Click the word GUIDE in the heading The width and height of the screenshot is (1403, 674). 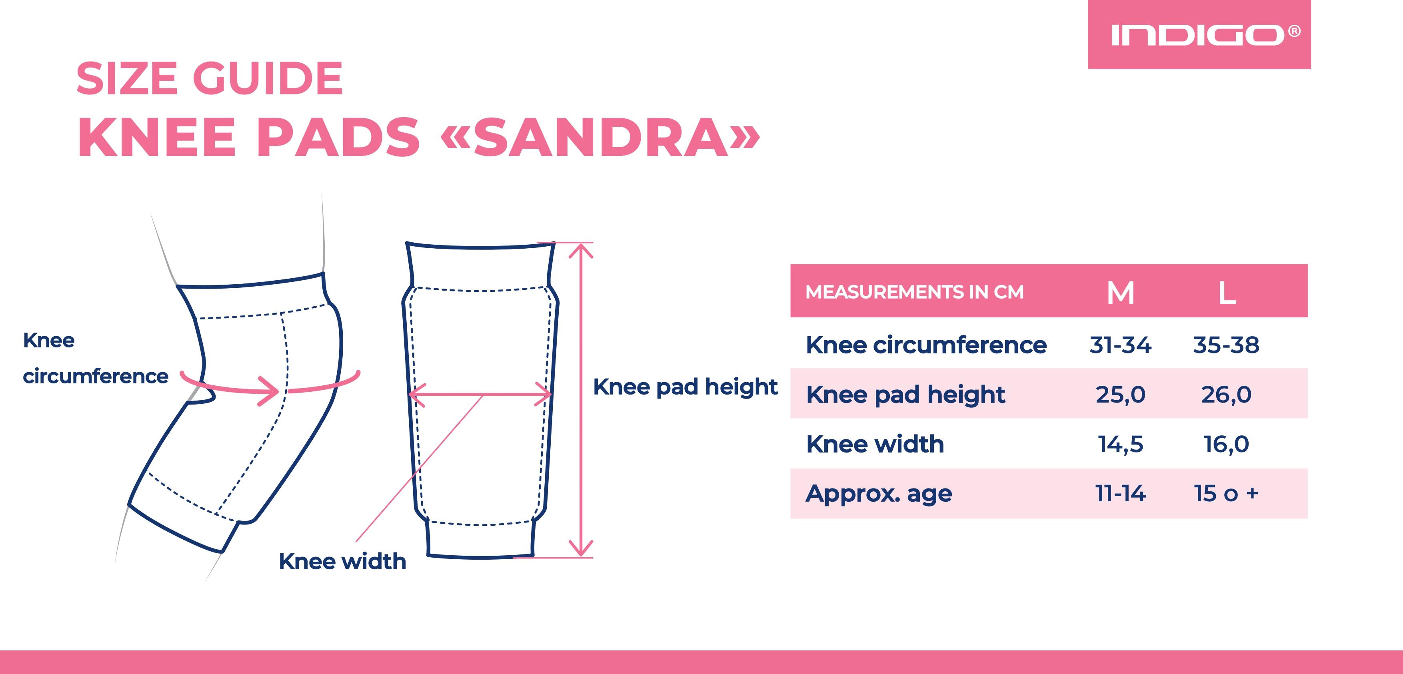tap(268, 78)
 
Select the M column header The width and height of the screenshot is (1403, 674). tap(1120, 293)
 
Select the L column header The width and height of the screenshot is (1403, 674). tap(1227, 293)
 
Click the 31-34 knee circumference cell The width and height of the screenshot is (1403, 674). tap(1120, 345)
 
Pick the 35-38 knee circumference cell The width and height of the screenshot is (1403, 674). tap(1226, 345)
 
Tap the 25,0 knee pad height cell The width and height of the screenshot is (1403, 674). tap(1120, 395)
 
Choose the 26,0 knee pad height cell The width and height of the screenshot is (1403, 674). tap(1226, 395)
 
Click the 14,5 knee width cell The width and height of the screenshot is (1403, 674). tap(1120, 444)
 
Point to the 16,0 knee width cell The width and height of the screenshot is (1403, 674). tap(1226, 444)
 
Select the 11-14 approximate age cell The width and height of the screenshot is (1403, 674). tap(1120, 494)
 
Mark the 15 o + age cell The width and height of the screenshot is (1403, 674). tap(1226, 494)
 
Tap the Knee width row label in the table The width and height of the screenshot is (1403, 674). tap(875, 444)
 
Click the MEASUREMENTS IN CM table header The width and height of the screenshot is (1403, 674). tap(914, 292)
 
